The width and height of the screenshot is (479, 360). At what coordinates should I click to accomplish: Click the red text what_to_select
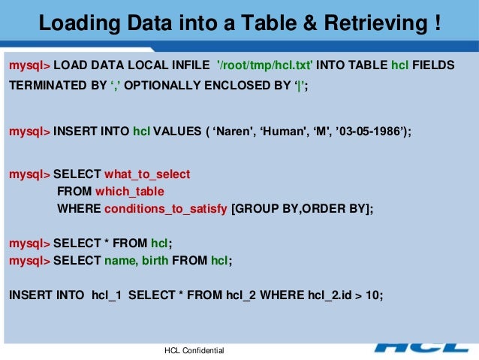(x=147, y=174)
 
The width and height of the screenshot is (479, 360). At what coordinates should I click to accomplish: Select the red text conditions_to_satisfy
(x=166, y=208)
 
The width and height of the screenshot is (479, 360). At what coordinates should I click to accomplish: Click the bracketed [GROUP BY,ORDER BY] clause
(x=303, y=208)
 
